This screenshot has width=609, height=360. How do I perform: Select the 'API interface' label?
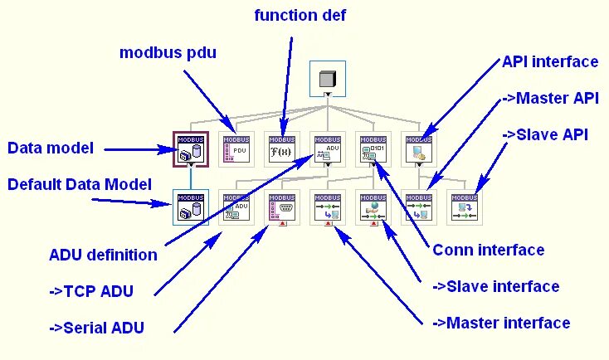click(549, 62)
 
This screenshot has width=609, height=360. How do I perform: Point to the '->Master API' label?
click(550, 98)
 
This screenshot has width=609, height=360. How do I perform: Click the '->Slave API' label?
click(545, 134)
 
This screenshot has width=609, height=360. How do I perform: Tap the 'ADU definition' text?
click(104, 255)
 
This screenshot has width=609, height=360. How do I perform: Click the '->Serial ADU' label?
click(96, 327)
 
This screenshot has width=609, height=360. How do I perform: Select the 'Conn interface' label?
click(489, 250)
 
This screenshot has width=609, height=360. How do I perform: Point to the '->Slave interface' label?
click(496, 286)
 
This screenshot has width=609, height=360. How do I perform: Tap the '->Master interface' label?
click(501, 323)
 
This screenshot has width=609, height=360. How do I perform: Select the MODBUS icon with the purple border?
click(191, 149)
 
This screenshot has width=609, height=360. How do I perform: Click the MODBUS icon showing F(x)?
click(281, 149)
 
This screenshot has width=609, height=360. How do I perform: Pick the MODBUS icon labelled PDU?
click(236, 149)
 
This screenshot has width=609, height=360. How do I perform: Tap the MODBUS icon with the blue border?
click(191, 207)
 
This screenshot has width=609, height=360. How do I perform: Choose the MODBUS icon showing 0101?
click(372, 149)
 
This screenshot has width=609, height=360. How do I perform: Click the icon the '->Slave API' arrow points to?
click(462, 208)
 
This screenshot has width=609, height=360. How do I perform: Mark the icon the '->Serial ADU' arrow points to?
click(281, 208)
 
